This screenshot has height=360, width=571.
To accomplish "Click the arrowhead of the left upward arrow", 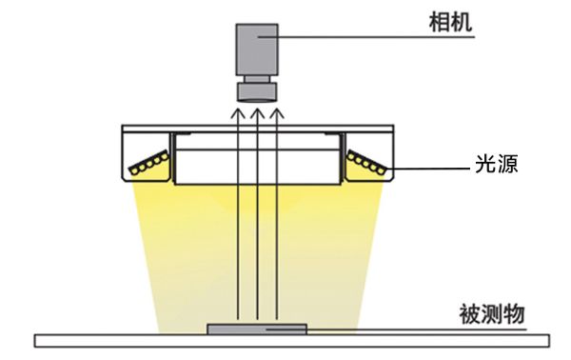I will click(x=237, y=113).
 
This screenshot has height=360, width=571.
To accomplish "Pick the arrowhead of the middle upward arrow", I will click(x=257, y=113).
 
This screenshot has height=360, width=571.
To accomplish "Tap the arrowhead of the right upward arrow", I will click(x=277, y=113).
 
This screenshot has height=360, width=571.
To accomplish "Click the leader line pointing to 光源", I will click(x=428, y=171).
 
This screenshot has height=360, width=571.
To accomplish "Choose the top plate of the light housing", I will click(x=257, y=128).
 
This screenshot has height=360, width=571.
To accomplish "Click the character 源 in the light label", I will click(x=510, y=164).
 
